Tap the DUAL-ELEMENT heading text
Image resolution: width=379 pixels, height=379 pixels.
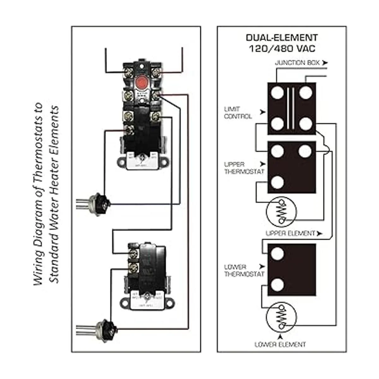point(282,38)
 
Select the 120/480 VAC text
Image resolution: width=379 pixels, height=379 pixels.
point(282,49)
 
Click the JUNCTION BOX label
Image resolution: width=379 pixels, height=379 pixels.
point(297,63)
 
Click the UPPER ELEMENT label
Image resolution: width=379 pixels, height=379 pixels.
point(290,233)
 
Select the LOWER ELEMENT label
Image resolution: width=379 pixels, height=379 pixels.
point(280,344)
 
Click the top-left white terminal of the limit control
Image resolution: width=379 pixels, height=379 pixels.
point(277,92)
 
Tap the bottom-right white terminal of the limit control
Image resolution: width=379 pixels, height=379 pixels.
point(305,124)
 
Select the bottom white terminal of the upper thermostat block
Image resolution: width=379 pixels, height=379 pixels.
point(277,182)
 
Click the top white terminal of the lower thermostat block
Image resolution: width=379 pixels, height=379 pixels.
point(277,253)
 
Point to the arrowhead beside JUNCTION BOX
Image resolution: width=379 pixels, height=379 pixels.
point(325,63)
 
